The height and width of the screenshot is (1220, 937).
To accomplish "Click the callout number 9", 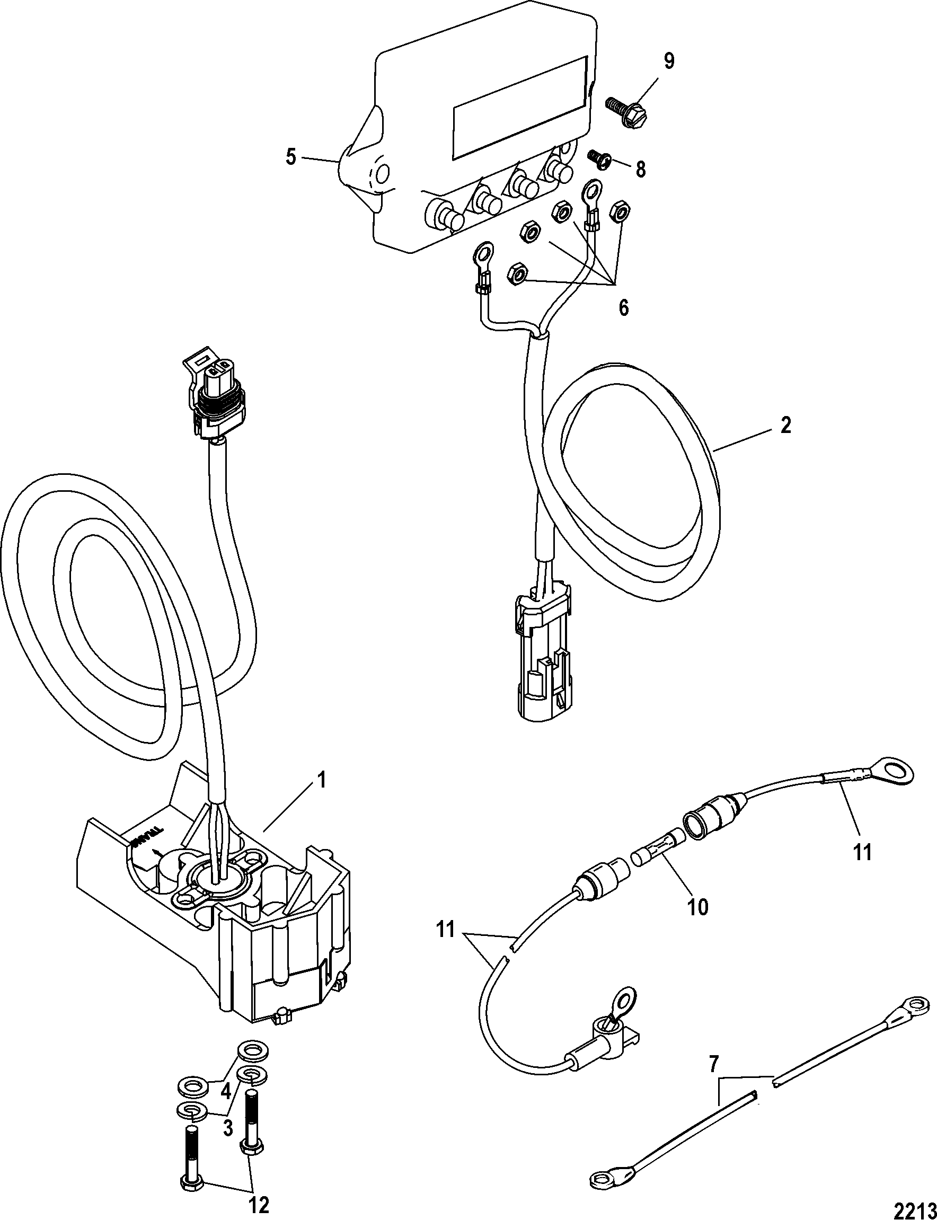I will point(669,61).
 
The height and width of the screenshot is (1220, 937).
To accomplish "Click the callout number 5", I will point(290,158).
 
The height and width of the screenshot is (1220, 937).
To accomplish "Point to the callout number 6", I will point(623,307).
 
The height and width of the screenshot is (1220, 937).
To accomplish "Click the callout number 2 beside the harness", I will point(785,426).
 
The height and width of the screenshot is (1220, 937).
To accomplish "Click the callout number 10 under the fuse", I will point(698,906).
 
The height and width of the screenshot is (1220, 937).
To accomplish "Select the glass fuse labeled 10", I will point(656,857).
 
